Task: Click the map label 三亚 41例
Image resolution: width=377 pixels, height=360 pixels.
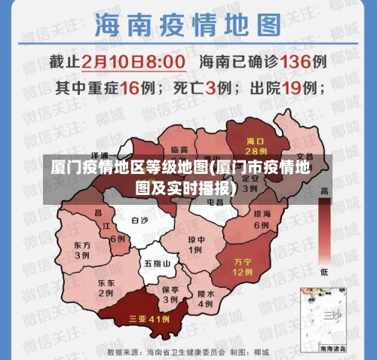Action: click(x=149, y=319)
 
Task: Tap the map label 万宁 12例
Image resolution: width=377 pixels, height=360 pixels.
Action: click(x=241, y=266)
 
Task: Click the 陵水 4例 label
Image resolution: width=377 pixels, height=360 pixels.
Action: click(x=205, y=299)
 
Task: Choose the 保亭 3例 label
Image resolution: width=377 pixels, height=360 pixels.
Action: click(x=170, y=294)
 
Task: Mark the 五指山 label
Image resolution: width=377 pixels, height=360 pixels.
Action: click(x=157, y=264)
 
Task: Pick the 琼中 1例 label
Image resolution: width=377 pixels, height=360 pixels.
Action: click(x=195, y=246)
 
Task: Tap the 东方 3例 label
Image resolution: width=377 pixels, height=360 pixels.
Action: click(x=82, y=250)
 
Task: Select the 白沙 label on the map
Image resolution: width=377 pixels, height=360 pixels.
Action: click(x=139, y=221)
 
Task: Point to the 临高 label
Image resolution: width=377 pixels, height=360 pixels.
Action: click(x=179, y=150)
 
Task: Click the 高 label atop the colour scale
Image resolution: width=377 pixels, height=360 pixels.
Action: click(x=325, y=191)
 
